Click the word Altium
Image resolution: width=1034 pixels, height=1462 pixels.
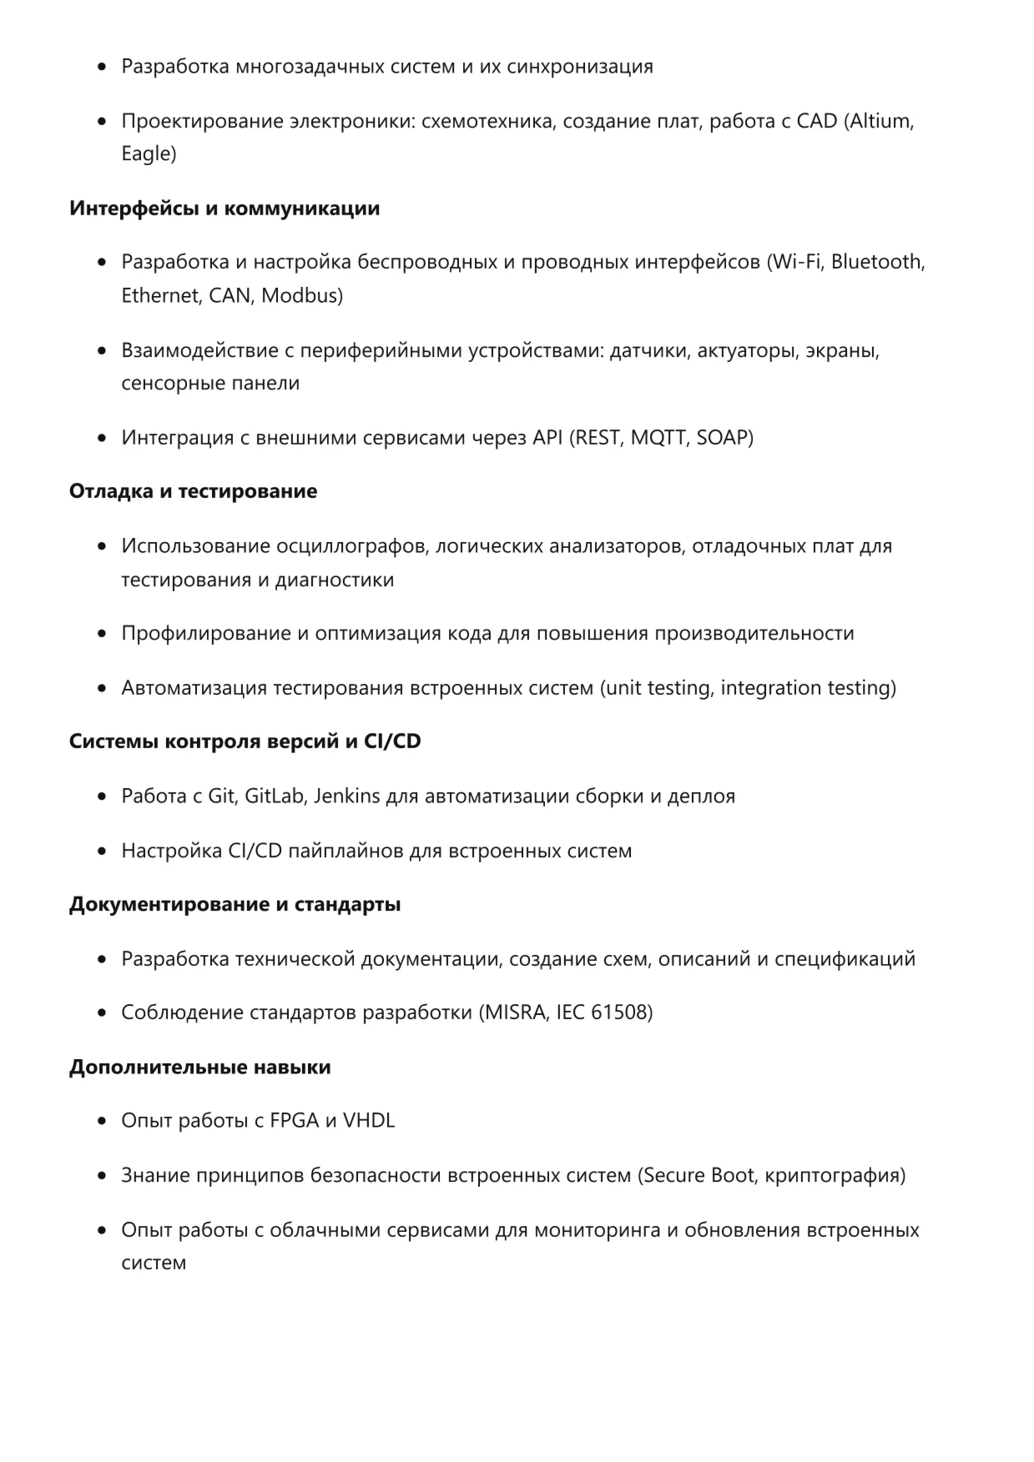(x=881, y=121)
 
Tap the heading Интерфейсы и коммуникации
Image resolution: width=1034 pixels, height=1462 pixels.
(x=224, y=208)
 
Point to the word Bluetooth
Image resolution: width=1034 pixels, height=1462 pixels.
(x=876, y=262)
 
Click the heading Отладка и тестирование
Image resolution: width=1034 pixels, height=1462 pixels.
(x=193, y=491)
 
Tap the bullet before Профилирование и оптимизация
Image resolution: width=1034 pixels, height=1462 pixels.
(x=102, y=634)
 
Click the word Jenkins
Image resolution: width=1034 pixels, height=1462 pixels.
(x=346, y=796)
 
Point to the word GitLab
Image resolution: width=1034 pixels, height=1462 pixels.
(x=274, y=796)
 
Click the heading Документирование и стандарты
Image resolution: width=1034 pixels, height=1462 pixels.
(x=235, y=905)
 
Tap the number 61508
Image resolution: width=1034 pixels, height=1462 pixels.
(x=618, y=1012)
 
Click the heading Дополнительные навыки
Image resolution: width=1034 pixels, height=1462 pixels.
(x=199, y=1068)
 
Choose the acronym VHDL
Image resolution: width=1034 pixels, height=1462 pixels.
(x=369, y=1121)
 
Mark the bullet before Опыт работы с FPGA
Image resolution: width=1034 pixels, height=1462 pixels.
(x=102, y=1122)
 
